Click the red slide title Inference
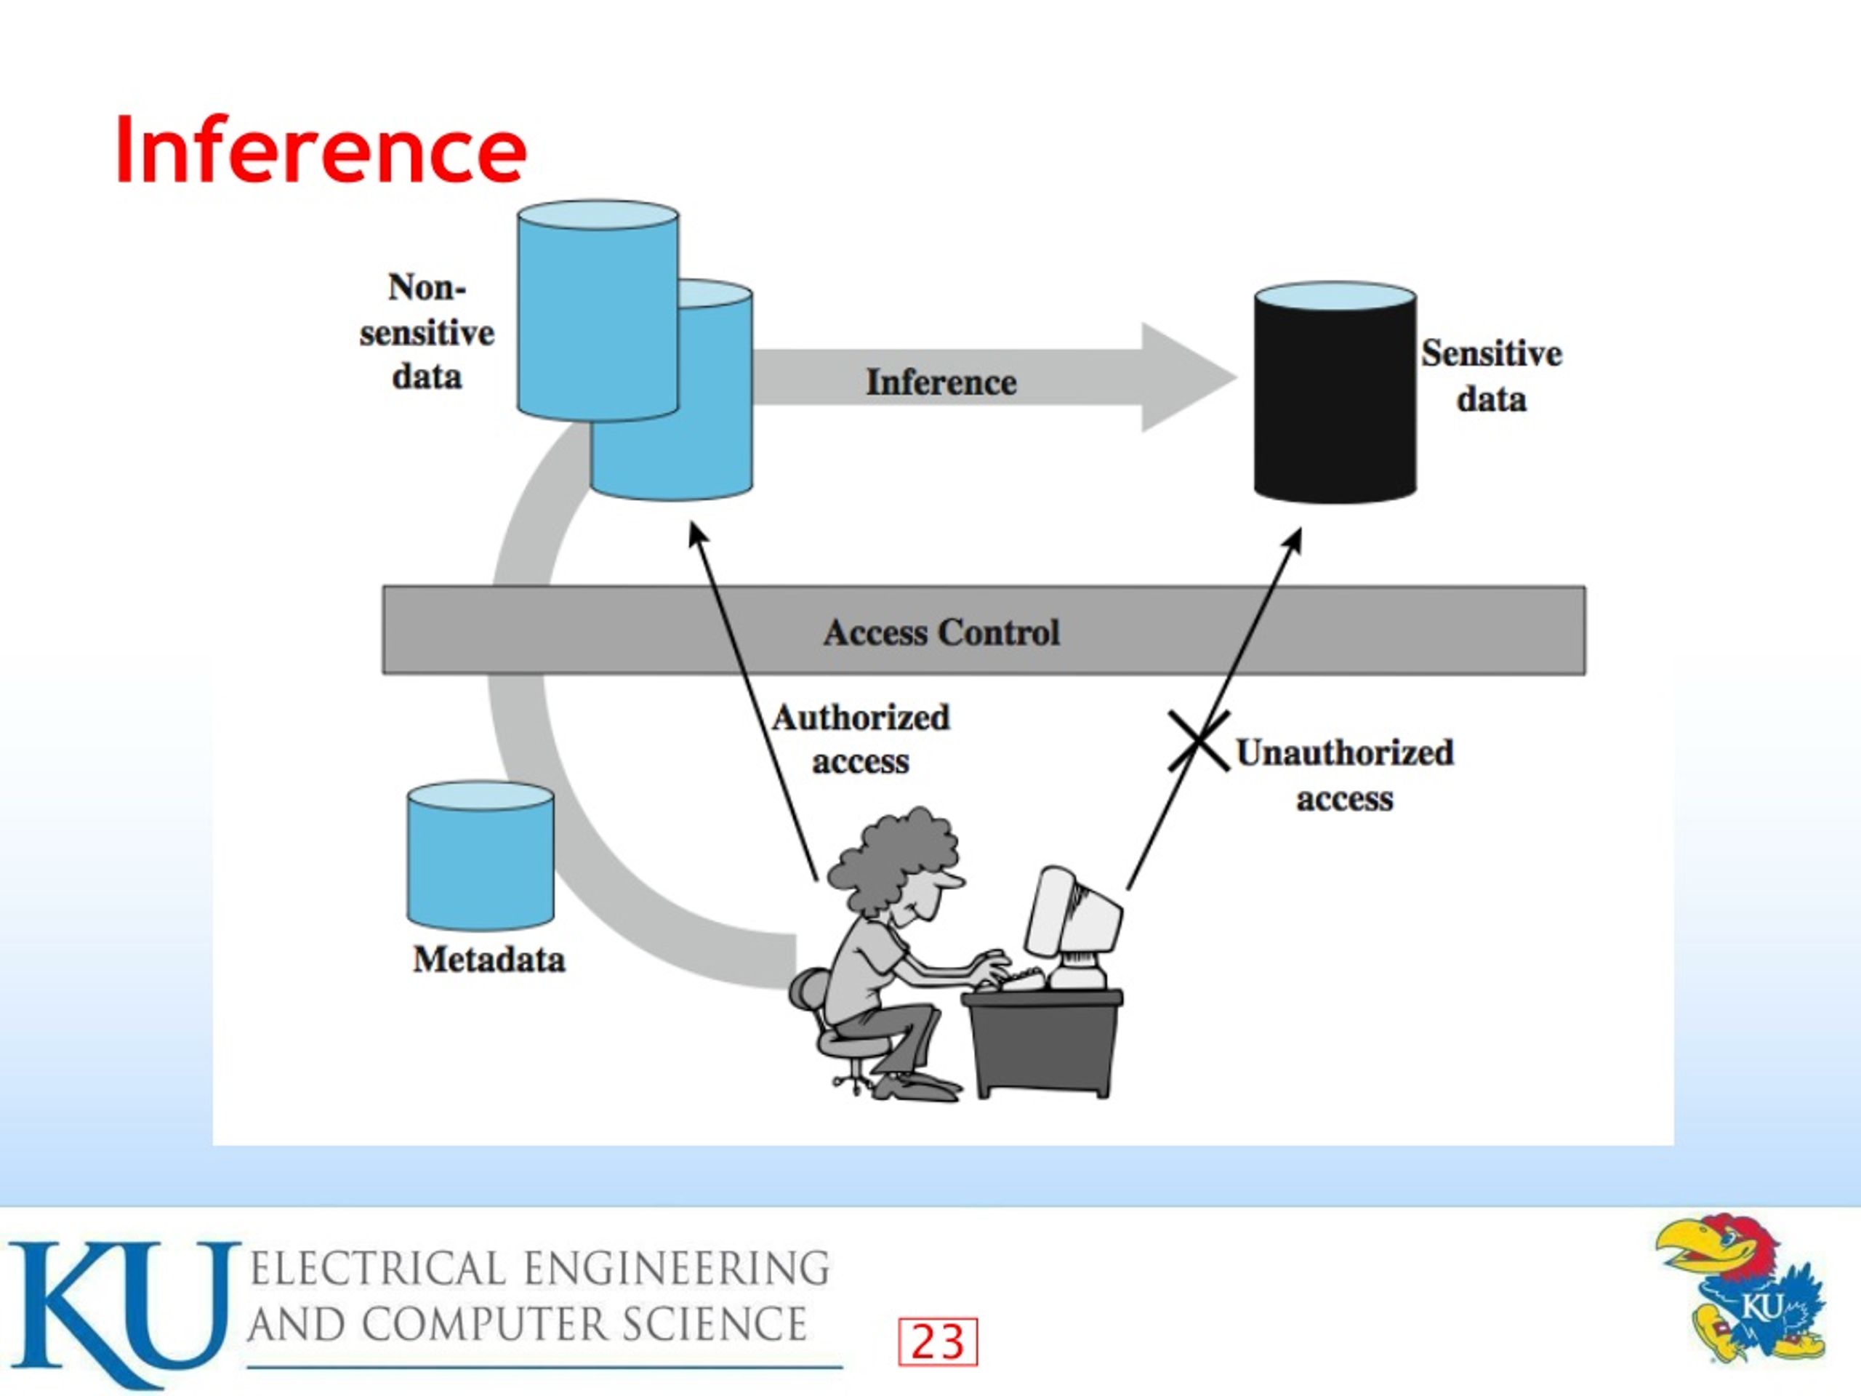coord(321,150)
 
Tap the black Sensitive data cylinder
coord(1335,392)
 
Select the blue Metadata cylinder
coord(481,855)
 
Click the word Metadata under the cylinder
coord(489,959)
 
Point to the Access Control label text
coord(941,632)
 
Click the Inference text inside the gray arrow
coord(941,382)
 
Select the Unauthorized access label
coord(1344,775)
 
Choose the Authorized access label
coord(861,739)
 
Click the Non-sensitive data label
coord(427,332)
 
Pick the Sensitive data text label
coord(1492,375)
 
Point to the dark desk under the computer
coord(1043,1043)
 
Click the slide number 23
coord(938,1341)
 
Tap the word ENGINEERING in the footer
coord(678,1269)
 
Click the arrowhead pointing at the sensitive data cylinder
coord(1294,541)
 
